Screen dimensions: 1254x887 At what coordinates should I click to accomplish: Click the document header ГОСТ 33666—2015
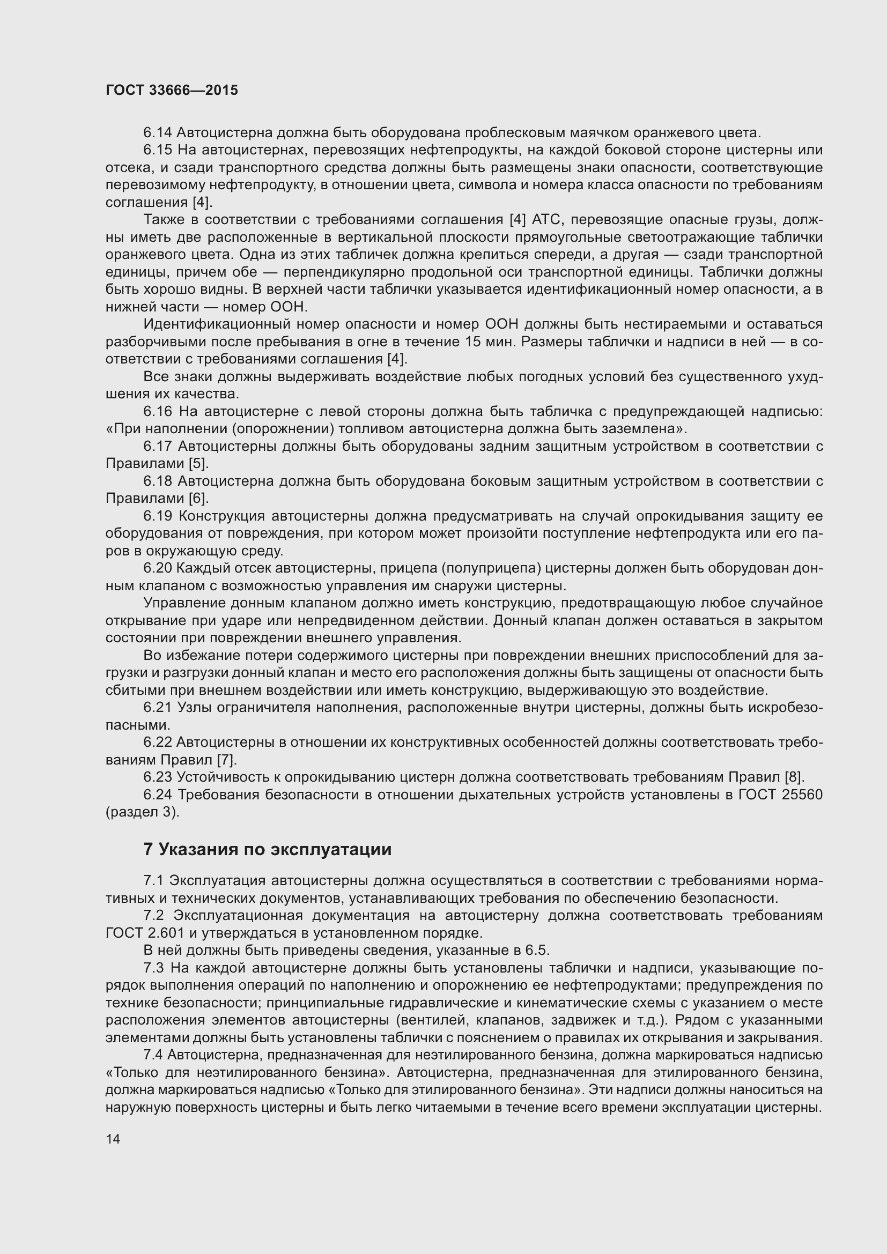click(x=172, y=90)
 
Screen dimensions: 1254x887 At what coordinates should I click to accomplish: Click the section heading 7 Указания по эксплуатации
click(x=268, y=849)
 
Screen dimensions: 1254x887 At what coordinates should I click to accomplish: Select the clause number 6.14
click(x=157, y=132)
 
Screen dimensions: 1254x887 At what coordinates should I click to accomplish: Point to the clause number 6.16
click(x=158, y=411)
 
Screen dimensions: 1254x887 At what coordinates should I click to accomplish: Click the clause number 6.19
click(x=158, y=516)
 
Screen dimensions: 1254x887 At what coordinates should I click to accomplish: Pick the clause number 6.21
click(x=158, y=707)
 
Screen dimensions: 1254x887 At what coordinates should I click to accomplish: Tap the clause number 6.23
click(x=158, y=777)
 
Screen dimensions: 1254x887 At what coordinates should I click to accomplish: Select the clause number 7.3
click(x=153, y=968)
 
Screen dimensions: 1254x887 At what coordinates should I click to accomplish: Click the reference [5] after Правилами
click(x=198, y=464)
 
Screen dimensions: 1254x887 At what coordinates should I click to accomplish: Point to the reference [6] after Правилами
click(x=198, y=498)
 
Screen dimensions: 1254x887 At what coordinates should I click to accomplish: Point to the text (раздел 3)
click(x=142, y=812)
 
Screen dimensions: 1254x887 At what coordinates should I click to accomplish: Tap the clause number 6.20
click(x=158, y=568)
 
